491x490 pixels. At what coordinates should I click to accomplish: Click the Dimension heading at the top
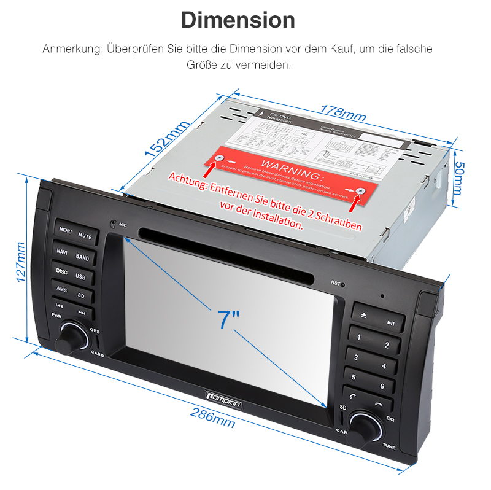pos(238,20)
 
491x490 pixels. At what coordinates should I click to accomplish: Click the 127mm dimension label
pos(20,261)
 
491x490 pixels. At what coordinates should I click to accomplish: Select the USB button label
pos(81,276)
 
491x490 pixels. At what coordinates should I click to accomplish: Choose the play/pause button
pos(390,322)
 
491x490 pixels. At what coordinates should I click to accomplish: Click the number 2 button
pos(387,345)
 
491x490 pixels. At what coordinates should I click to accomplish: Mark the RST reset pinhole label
pos(336,282)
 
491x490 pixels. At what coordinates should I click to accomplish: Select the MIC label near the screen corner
pos(123,225)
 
